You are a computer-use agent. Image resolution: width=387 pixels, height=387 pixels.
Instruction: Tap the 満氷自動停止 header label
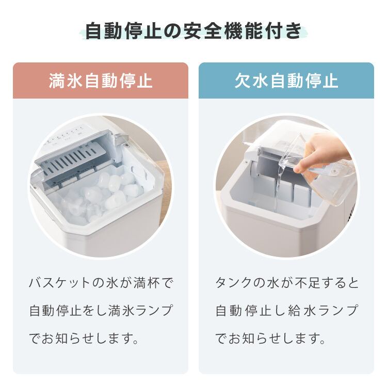pyautogui.click(x=101, y=81)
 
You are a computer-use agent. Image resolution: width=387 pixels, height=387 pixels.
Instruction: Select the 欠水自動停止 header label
pyautogui.click(x=286, y=81)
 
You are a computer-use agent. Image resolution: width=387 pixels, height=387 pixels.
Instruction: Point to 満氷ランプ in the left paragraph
pyautogui.click(x=144, y=311)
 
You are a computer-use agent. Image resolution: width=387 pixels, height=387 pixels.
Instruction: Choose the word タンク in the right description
pyautogui.click(x=239, y=283)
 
